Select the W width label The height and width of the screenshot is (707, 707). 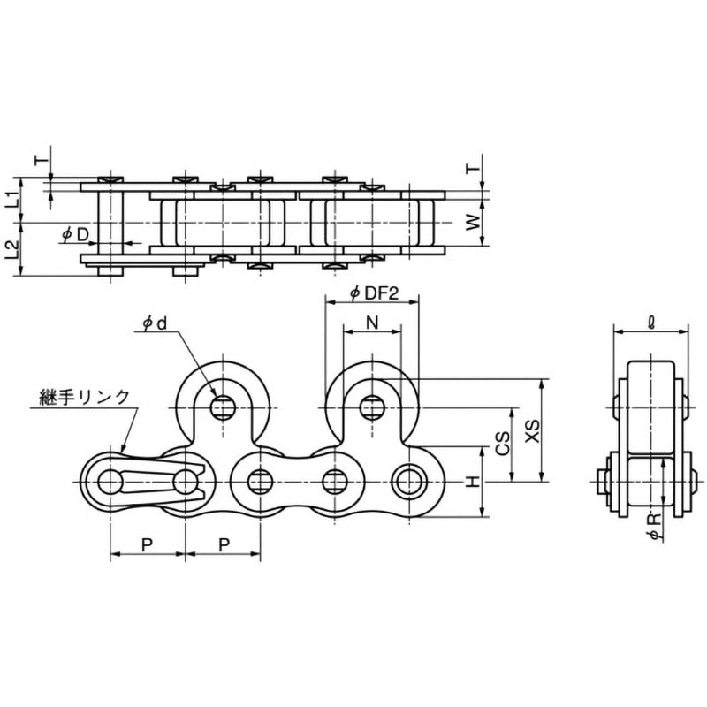click(475, 223)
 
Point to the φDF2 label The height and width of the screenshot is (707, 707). click(369, 293)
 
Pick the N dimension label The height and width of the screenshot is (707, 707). click(372, 324)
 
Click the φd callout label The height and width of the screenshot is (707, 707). click(156, 324)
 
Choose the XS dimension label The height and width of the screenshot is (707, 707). click(531, 431)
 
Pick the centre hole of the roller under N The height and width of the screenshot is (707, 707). click(372, 407)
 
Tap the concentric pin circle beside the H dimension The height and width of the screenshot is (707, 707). click(408, 483)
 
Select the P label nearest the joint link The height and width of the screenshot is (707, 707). click(148, 543)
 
